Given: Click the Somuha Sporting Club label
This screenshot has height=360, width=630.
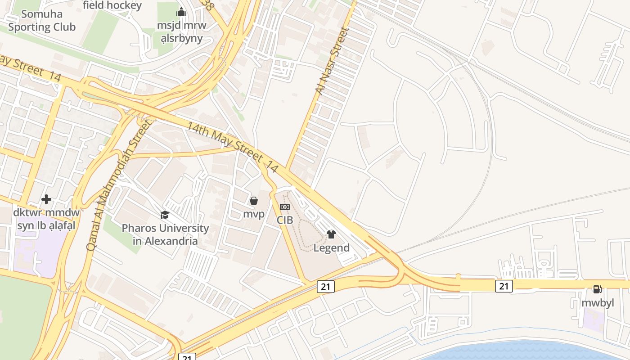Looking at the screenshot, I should coord(42,21).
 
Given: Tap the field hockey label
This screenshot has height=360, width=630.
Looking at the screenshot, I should coord(112,5).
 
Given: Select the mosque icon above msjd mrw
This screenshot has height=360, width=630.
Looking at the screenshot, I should coord(181,12).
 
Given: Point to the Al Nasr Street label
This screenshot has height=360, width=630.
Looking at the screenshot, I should coord(332,61).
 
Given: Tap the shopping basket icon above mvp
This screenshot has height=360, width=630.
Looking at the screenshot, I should coord(254,201).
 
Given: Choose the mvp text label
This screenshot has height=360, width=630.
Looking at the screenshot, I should coord(254,214).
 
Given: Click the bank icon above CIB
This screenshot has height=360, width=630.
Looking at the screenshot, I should coord(285,207).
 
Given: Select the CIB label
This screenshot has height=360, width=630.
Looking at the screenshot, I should coord(285,220).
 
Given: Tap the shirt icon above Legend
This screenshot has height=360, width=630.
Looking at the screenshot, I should coord(331,234).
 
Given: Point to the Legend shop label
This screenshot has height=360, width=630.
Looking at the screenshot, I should coord(332,248).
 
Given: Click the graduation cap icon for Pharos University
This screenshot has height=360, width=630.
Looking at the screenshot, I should coord(165,215).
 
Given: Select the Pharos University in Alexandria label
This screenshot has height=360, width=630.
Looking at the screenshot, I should coord(165,234).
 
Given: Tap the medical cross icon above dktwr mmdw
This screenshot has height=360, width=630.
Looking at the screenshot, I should coord(46,199).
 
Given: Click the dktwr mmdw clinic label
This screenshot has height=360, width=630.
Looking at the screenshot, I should coord(46,219).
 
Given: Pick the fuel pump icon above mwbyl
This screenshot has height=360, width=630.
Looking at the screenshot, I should coord(598,289).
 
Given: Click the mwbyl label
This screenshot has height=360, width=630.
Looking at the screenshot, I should coord(598,303).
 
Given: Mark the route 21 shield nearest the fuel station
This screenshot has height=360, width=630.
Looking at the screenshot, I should coord(504,286).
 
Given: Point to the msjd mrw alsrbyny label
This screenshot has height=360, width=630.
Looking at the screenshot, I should coord(181,31).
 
